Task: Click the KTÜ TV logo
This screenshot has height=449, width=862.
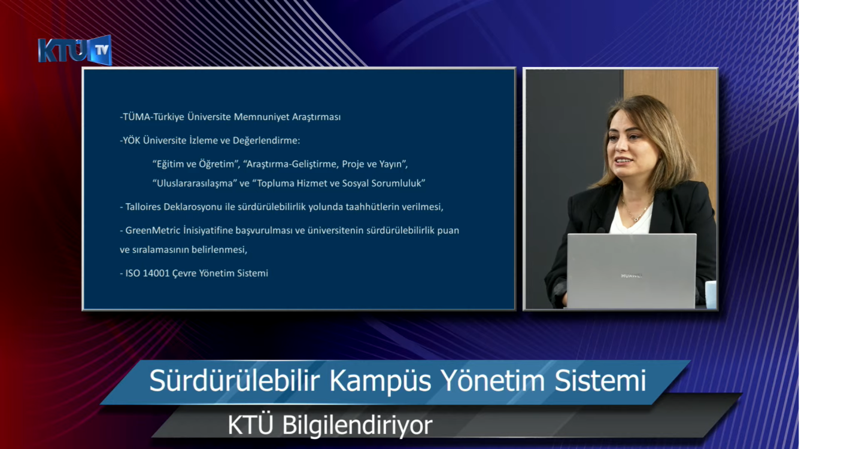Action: click(x=75, y=50)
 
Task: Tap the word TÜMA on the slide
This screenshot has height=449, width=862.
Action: click(x=136, y=117)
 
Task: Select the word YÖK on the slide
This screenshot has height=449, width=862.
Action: click(x=132, y=140)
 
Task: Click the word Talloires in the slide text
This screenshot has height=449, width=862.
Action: click(x=143, y=207)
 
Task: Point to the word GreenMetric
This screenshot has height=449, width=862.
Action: click(x=153, y=230)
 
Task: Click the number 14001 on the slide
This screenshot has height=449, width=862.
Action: click(x=156, y=273)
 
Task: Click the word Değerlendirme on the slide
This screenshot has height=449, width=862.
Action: click(x=266, y=140)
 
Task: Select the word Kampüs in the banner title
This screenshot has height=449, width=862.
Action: click(x=380, y=381)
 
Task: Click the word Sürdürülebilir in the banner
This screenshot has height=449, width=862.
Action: click(x=235, y=381)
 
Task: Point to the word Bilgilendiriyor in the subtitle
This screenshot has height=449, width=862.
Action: click(x=357, y=425)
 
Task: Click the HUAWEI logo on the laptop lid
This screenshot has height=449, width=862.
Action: click(x=632, y=276)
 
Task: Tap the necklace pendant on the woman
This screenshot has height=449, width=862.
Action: click(x=636, y=219)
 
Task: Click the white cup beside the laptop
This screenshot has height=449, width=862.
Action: click(x=711, y=295)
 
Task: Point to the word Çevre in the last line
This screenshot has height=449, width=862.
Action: click(x=184, y=273)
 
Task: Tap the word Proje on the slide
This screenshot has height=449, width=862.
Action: click(x=353, y=164)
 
